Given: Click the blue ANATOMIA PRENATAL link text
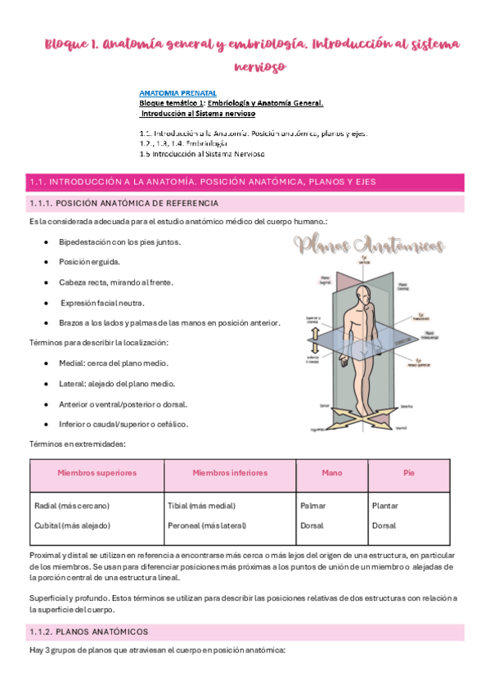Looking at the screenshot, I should [173, 94].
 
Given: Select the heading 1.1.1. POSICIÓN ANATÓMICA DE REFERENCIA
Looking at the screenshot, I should [124, 203].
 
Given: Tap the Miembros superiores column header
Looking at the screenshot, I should [97, 473].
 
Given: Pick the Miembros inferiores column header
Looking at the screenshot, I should [230, 473].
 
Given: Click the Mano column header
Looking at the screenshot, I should [332, 473].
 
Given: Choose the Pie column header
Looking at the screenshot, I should [409, 473].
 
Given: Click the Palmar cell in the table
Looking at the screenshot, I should [313, 506].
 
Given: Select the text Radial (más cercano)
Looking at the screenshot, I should [72, 506].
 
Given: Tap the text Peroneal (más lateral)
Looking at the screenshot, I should [209, 525].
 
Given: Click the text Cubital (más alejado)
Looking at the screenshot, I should [72, 525].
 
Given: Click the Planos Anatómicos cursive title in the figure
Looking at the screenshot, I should [370, 244].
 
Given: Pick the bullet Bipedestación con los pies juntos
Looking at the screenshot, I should [120, 242].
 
